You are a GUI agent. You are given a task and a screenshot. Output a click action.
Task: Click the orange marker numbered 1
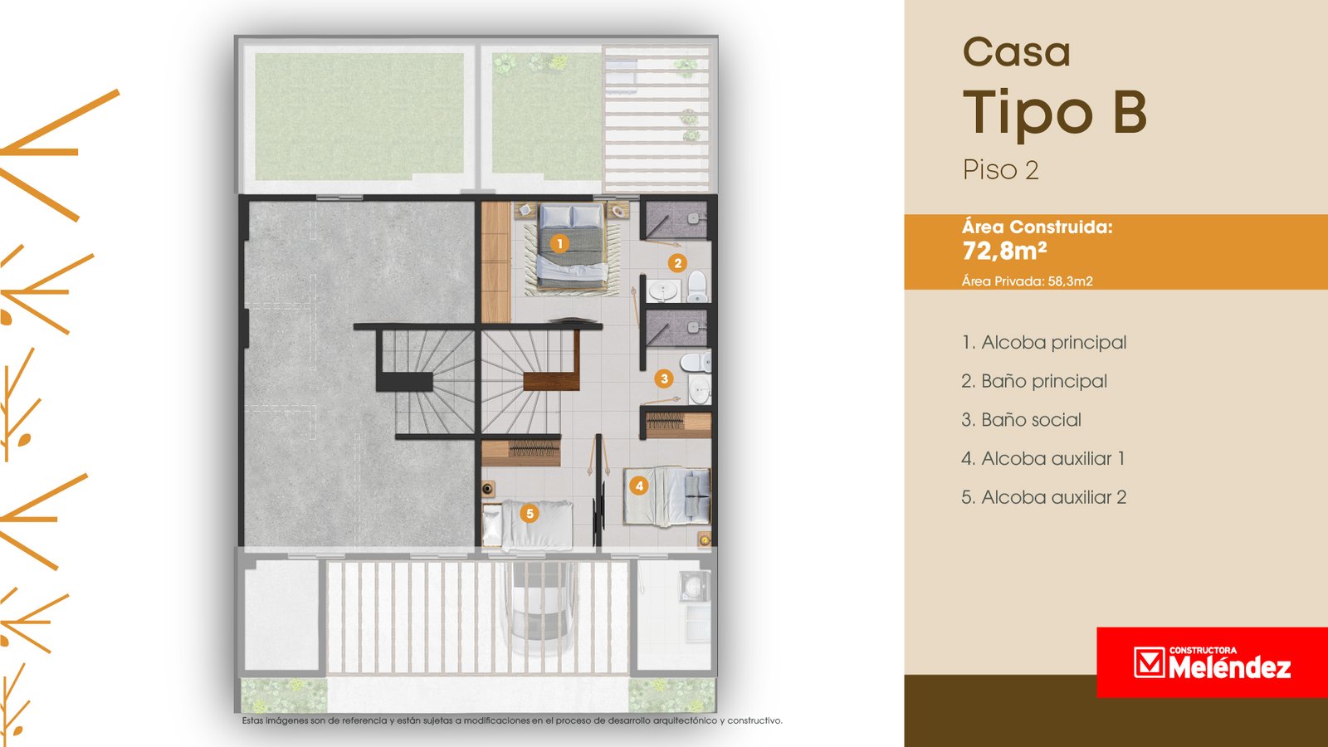tap(559, 243)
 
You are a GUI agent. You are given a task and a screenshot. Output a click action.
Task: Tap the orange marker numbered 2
tap(677, 262)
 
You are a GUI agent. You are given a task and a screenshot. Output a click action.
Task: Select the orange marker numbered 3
tap(664, 378)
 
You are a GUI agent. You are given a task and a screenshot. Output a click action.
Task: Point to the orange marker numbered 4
tap(638, 486)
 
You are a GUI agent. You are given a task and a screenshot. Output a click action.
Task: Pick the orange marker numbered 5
tap(530, 514)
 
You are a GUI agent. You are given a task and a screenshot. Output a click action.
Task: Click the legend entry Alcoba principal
tap(1044, 343)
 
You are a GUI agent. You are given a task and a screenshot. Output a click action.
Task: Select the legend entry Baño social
tap(1022, 420)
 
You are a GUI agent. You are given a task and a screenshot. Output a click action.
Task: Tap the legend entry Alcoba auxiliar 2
tap(1044, 497)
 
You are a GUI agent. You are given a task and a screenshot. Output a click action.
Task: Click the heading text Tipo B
tap(1055, 114)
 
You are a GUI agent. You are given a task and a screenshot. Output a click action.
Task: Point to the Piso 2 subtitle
tap(1001, 170)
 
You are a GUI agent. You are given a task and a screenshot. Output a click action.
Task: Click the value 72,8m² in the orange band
tap(1004, 251)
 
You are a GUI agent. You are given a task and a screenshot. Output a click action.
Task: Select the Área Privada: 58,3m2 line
tap(1028, 281)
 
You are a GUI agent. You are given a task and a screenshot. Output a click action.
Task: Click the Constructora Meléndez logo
tap(1212, 662)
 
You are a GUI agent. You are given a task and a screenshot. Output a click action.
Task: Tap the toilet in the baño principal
tap(697, 286)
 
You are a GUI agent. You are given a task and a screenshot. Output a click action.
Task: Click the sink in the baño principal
tap(663, 290)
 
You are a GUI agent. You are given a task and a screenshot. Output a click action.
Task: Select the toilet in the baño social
tap(696, 361)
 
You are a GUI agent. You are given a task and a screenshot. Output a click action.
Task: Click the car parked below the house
tap(539, 608)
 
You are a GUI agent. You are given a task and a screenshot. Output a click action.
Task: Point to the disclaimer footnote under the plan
tap(512, 721)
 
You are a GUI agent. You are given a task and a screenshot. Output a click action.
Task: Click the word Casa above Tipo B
tap(1017, 52)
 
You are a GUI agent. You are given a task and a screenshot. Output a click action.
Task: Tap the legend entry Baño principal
tap(1034, 381)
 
